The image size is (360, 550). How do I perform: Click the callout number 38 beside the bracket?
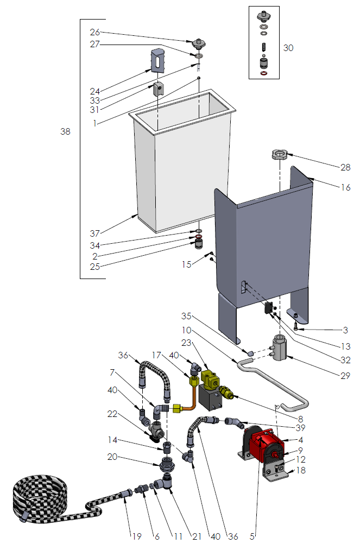65,131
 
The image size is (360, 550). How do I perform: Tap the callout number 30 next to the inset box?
288,48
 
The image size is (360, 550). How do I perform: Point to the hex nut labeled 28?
279,155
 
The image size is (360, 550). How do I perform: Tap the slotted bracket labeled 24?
156,60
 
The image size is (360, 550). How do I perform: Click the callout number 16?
345,188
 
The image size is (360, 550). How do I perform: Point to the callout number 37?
96,233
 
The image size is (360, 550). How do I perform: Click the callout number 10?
187,330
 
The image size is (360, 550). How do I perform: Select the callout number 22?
112,414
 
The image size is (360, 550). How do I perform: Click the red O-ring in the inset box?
264,73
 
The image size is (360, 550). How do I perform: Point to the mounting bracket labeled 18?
276,473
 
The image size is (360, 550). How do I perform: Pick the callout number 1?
94,123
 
